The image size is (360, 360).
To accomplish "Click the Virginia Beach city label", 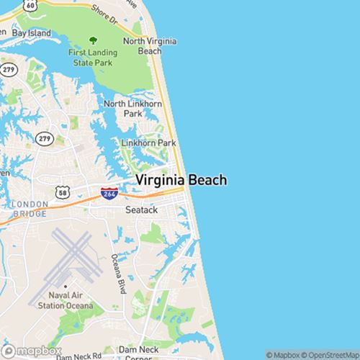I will pos(181,180).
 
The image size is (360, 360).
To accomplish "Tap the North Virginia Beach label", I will pos(150,46).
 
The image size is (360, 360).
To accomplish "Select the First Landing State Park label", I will pos(91,57).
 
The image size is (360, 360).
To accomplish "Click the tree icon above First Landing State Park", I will pos(91,41).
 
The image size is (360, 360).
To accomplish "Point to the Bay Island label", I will pos(31,34).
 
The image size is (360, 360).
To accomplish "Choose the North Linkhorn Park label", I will pos(132,109).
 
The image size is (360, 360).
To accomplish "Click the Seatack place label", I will pos(140,210).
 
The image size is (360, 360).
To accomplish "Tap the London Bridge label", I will pos(30,208).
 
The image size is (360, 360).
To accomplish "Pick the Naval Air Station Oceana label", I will pos(71,301).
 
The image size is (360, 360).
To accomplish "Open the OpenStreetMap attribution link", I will pos(330,354).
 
